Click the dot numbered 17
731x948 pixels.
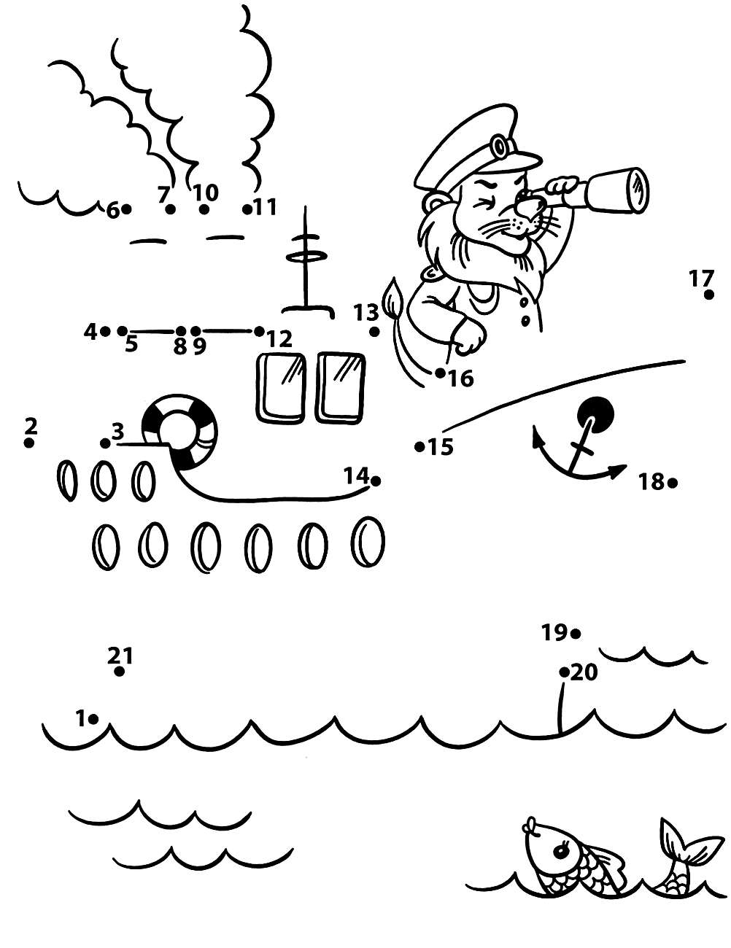[708, 295]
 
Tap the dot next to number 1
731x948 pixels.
[93, 718]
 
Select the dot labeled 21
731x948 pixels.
[119, 672]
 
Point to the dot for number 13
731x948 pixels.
[374, 332]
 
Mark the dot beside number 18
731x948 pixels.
[673, 483]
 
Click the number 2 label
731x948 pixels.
[31, 426]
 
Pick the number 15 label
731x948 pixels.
[441, 447]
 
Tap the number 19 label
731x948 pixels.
[554, 632]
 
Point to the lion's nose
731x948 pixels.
[525, 203]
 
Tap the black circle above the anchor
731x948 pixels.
[595, 415]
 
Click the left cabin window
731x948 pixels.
[282, 388]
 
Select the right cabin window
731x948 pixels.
[341, 387]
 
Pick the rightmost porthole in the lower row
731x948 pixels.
[368, 541]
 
